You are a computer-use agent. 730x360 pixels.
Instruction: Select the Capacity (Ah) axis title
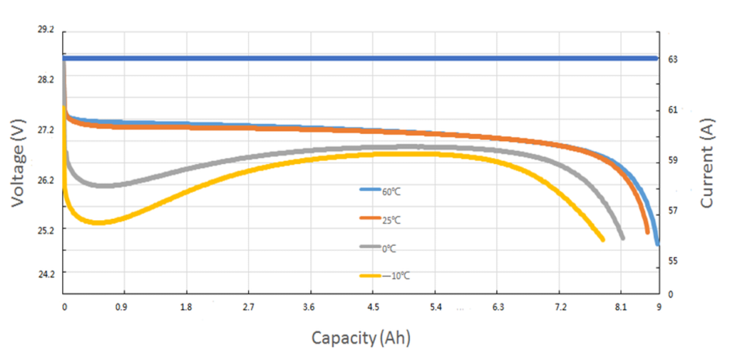click(x=361, y=337)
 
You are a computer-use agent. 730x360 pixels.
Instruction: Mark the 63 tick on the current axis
click(x=672, y=59)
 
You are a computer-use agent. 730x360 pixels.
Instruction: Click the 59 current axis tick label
click(x=672, y=160)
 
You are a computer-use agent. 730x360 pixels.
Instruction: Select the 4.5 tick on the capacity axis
click(x=373, y=307)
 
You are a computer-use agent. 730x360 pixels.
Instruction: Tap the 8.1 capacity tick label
click(x=621, y=307)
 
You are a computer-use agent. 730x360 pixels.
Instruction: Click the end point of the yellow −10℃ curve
click(x=602, y=240)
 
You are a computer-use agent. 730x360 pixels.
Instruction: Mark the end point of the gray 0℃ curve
click(x=622, y=237)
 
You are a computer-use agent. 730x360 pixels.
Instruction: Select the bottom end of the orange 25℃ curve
click(x=647, y=232)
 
